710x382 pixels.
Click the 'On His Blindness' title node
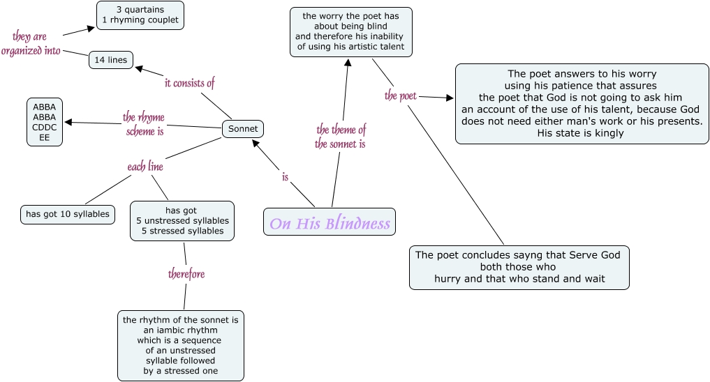330,223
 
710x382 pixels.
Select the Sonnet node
243,129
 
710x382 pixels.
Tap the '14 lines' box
110,60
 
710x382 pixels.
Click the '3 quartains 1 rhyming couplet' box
140,15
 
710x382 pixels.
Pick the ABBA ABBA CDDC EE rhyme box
45,122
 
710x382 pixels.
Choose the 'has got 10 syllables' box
68,214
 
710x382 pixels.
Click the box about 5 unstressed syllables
182,220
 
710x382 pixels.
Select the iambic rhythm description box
181,345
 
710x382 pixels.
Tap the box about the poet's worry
350,31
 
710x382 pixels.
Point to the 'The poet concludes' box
519,267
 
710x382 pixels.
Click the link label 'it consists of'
189,83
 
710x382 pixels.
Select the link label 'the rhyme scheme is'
145,123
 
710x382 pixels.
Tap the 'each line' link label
145,167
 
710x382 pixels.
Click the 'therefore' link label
186,274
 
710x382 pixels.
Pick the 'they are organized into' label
31,43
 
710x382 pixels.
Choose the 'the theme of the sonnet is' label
341,136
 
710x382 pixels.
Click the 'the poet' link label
401,95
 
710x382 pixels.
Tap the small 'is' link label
285,177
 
